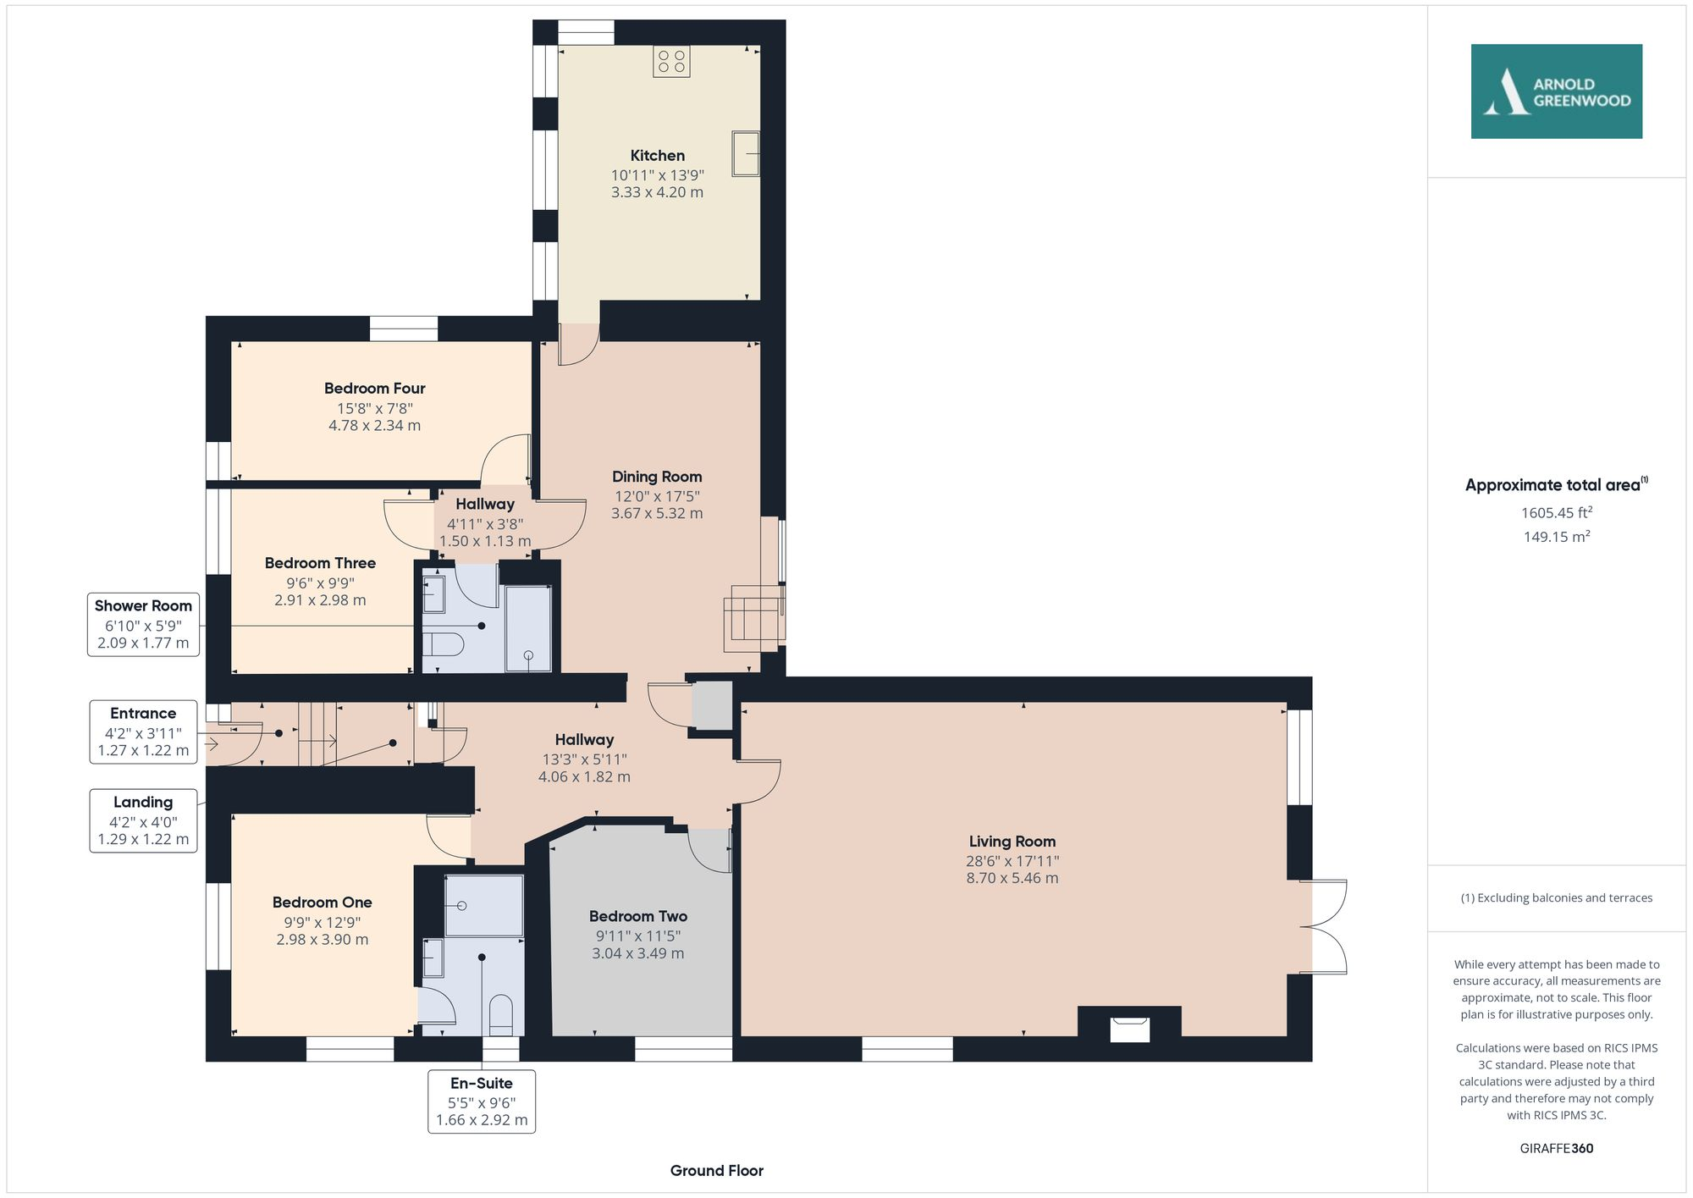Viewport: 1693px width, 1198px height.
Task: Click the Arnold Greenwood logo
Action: pos(1556,91)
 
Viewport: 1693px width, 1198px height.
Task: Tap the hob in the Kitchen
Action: pos(671,61)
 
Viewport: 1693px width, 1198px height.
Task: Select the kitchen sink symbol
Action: pos(746,153)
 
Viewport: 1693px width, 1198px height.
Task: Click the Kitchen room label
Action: pos(657,156)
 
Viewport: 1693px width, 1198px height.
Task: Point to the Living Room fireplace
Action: pos(1129,1027)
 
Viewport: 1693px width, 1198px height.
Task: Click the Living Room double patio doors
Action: pos(1325,927)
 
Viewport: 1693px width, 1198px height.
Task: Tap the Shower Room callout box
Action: pos(143,624)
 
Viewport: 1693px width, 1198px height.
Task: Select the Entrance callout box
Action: pos(143,731)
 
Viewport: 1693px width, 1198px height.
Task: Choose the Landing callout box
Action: pos(143,820)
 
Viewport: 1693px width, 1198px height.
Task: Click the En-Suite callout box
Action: pos(481,1101)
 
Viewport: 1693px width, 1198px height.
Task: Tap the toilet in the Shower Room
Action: pos(443,645)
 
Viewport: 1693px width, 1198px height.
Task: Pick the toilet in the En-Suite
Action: pos(501,1013)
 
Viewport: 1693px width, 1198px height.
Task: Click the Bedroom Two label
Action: pos(637,916)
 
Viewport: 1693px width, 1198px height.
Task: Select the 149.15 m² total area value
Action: pos(1556,537)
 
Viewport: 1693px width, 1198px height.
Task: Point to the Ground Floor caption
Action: pos(716,1170)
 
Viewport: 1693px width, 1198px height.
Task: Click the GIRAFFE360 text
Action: pos(1556,1148)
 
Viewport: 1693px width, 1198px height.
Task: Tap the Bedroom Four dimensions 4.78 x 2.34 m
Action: pos(374,426)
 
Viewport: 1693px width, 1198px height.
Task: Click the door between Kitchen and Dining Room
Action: pos(579,344)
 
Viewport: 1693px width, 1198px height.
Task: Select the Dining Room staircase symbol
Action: pos(753,618)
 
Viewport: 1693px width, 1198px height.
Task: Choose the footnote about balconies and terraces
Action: pos(1556,897)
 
